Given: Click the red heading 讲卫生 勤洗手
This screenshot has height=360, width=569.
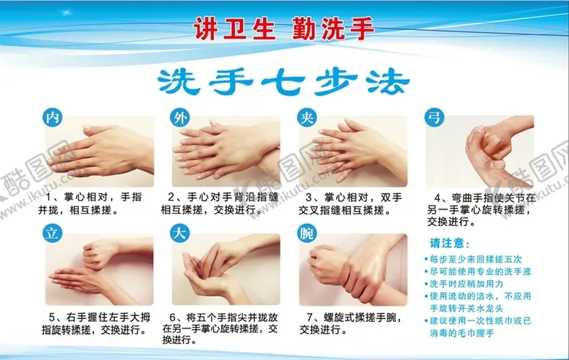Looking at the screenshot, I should click(284, 29).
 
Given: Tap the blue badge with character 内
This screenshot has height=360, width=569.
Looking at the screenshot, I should click(51, 117).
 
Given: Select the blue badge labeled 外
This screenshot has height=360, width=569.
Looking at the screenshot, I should click(179, 117).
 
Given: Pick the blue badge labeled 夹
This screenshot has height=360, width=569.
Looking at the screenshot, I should click(307, 117).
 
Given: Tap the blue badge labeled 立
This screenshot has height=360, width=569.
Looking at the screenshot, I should click(51, 235).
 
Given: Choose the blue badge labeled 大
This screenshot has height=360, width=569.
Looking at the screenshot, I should click(179, 235).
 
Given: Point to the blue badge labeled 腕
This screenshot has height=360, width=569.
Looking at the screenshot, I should click(307, 235).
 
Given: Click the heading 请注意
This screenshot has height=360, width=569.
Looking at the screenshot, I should click(450, 244).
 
